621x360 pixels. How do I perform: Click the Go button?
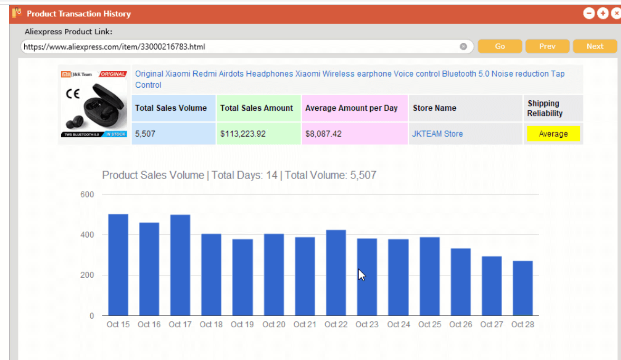point(500,46)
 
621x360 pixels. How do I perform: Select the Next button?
point(595,46)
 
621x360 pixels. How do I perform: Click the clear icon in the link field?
point(463,47)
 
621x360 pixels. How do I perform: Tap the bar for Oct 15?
point(118,265)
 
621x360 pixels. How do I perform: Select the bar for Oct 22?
point(336,273)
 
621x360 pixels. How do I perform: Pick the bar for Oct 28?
point(523,288)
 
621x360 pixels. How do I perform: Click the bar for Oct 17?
point(180,266)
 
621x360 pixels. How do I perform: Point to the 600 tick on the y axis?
point(87,194)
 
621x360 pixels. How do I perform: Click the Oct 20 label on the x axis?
point(274,324)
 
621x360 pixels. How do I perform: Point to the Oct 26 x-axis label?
point(460,324)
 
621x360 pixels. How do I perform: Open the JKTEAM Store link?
point(437,134)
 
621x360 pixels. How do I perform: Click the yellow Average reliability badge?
point(553,134)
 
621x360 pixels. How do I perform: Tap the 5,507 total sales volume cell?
point(173,134)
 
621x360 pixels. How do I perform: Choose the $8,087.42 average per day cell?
point(354,134)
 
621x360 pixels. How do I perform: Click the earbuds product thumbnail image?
point(94,104)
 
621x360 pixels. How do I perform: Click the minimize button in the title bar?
point(589,14)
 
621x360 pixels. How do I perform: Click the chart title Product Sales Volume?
point(153,175)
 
